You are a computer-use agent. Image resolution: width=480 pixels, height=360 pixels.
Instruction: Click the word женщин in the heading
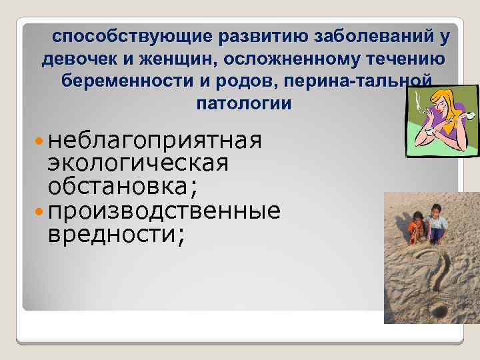179,59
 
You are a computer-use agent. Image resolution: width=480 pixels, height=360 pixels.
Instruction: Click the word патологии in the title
244,103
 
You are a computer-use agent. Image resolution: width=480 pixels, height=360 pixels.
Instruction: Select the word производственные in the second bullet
164,211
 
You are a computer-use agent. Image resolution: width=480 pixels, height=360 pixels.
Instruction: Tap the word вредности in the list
112,234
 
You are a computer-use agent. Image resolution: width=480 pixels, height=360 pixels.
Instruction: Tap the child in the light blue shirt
437,223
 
